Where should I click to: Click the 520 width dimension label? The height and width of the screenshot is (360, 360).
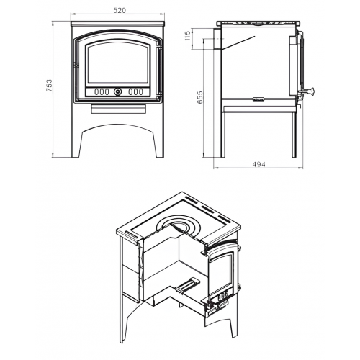coord(120,11)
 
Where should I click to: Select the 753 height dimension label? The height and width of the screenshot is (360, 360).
coord(49,86)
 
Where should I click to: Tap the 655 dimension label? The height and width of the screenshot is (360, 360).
coord(200,97)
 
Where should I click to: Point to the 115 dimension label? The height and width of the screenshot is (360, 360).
coord(188,35)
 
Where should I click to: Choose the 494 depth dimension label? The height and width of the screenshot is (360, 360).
coord(259,164)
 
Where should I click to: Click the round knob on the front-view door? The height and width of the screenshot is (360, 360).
coord(118,91)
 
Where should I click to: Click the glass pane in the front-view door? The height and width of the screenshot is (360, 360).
coord(118,63)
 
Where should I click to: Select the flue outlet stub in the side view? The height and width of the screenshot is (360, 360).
coord(217,39)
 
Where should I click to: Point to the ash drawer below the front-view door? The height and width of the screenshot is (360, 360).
coord(118,109)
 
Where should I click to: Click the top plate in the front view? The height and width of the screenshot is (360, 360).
coord(118,24)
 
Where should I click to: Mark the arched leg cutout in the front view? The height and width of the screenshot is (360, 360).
coord(118,127)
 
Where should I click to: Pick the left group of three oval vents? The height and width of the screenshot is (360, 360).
coord(102,91)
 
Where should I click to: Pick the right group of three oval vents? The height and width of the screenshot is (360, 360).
coord(135,91)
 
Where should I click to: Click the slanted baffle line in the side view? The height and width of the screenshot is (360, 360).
coord(238,43)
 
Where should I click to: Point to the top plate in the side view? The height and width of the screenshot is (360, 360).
coord(258,24)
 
